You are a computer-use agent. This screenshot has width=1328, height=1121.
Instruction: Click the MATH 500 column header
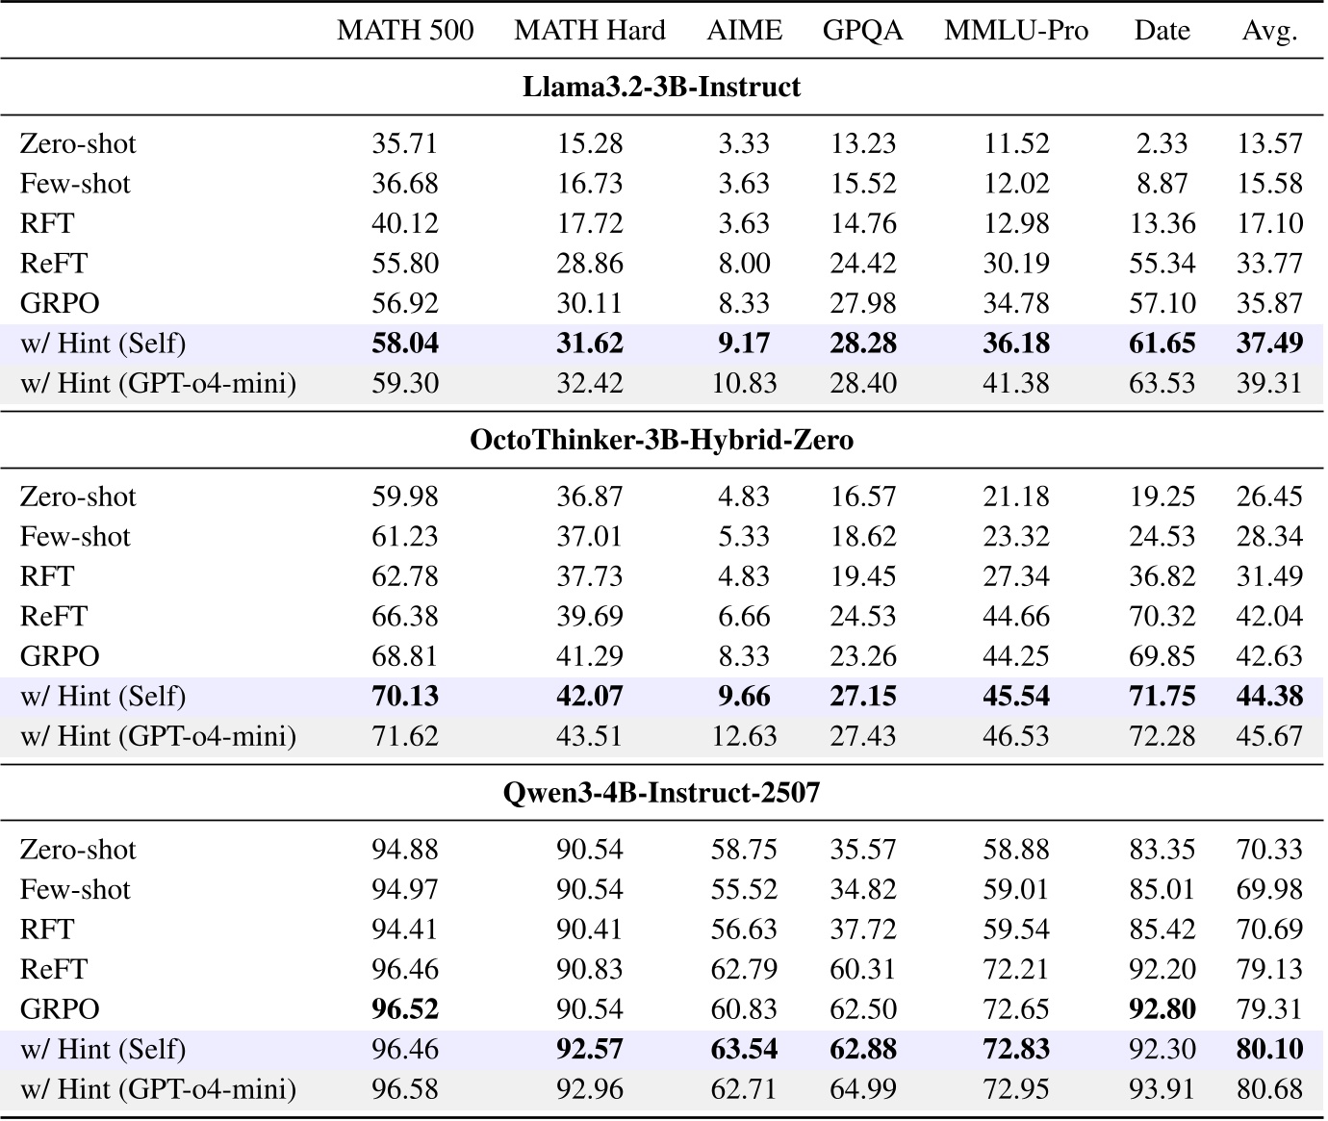point(405,31)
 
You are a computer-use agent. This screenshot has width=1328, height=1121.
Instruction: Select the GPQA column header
point(862,31)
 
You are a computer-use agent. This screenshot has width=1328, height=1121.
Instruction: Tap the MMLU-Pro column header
point(1016,31)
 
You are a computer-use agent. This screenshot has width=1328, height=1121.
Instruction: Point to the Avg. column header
point(1269,31)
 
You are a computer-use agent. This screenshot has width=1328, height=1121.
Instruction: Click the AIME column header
point(744,31)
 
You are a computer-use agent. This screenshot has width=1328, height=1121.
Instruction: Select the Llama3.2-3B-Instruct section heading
point(661,88)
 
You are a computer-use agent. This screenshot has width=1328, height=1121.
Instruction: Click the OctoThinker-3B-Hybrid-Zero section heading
point(661,441)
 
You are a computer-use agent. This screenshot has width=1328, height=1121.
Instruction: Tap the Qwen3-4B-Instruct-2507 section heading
point(661,794)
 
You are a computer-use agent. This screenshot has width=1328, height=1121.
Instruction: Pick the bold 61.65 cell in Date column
point(1162,344)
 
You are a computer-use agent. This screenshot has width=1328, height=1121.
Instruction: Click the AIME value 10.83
point(744,384)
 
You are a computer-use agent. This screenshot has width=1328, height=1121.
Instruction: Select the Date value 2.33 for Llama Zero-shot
point(1162,144)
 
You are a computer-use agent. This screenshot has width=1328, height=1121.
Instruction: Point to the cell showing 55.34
point(1162,264)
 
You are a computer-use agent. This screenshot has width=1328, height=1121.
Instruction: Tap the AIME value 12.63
point(744,737)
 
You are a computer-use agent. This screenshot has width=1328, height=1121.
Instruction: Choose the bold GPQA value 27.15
point(862,697)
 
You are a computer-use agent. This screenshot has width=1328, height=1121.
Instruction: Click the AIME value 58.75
point(744,851)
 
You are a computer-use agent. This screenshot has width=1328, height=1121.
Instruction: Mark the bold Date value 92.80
point(1162,1009)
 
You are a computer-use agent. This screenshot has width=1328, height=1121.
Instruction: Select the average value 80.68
point(1269,1090)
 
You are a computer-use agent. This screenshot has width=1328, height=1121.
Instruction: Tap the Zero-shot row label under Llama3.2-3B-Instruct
point(78,144)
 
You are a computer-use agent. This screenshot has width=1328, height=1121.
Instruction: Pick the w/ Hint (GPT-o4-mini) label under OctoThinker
point(158,737)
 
